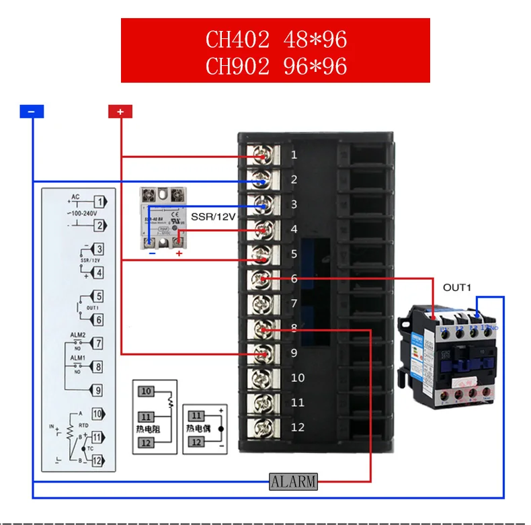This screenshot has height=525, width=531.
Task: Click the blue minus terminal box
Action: pos(32,112)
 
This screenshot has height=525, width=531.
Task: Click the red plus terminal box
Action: pos(120,112)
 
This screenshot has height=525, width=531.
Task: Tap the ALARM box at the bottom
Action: pos(293,481)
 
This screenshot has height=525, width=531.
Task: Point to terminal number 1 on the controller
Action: pos(294,155)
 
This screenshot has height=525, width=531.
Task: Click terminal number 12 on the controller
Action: pos(298,427)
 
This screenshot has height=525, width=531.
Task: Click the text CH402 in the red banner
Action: pos(237,40)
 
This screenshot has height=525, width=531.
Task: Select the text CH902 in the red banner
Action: pos(237,67)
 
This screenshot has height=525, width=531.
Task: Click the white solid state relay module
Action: pos(163,218)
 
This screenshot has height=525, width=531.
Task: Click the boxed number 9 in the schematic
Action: pos(97,389)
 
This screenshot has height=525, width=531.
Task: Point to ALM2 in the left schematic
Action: pos(79,335)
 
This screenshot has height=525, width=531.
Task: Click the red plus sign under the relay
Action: pos(179,253)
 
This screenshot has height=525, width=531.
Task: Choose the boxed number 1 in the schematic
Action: pos(99,201)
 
